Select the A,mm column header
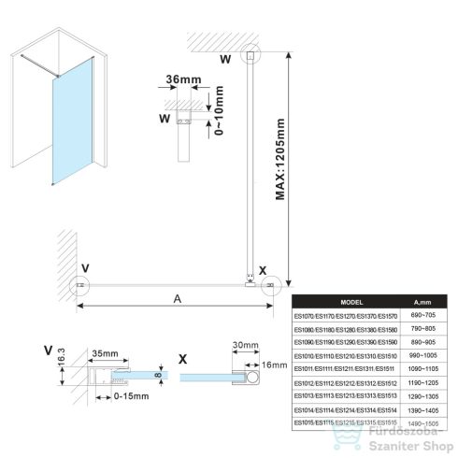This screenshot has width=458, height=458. click(x=421, y=302)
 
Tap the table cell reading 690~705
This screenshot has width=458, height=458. click(x=421, y=316)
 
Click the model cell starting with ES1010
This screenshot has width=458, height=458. click(x=345, y=355)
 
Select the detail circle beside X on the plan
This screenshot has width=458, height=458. click(x=271, y=284)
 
